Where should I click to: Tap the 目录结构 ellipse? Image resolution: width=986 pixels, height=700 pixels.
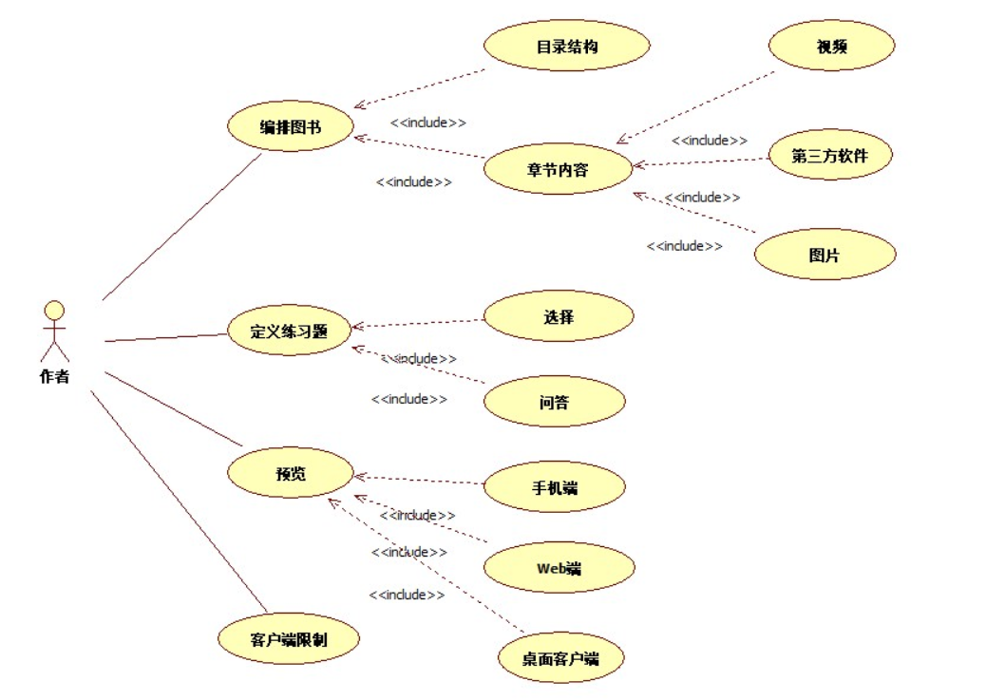pos(566,46)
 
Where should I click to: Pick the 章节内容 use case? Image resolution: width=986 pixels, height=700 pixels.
pos(557,170)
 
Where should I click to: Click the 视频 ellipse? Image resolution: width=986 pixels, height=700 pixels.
pos(831,46)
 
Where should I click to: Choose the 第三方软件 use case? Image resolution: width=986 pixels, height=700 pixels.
pos(829,156)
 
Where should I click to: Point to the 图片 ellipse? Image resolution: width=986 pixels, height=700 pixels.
pos(825,255)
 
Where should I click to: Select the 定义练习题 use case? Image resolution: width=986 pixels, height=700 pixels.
pos(289,331)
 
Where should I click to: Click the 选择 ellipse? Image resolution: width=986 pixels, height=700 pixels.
pos(559,317)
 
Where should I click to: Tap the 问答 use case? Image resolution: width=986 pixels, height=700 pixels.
pos(554,402)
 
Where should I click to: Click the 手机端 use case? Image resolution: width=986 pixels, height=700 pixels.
pos(555,488)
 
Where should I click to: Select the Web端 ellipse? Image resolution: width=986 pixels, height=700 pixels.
pos(559,569)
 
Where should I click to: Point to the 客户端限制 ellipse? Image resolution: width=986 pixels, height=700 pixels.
pos(289,638)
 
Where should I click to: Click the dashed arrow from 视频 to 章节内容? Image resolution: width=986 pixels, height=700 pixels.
pos(696,106)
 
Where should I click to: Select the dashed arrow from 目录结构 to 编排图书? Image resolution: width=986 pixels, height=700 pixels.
pos(419,88)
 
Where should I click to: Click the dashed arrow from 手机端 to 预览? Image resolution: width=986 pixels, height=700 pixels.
pos(419,480)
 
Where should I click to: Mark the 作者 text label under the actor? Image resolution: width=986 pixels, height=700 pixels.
pos(54,377)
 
